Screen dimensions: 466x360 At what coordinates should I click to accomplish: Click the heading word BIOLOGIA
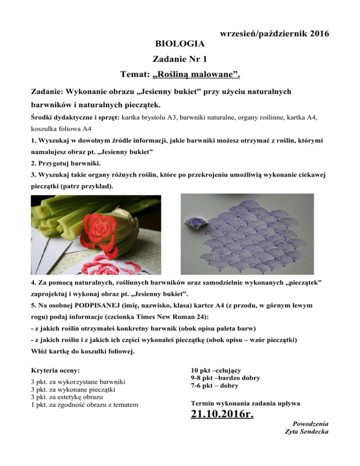click(180, 45)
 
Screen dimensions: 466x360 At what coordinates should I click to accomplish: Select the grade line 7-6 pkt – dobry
click(214, 386)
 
